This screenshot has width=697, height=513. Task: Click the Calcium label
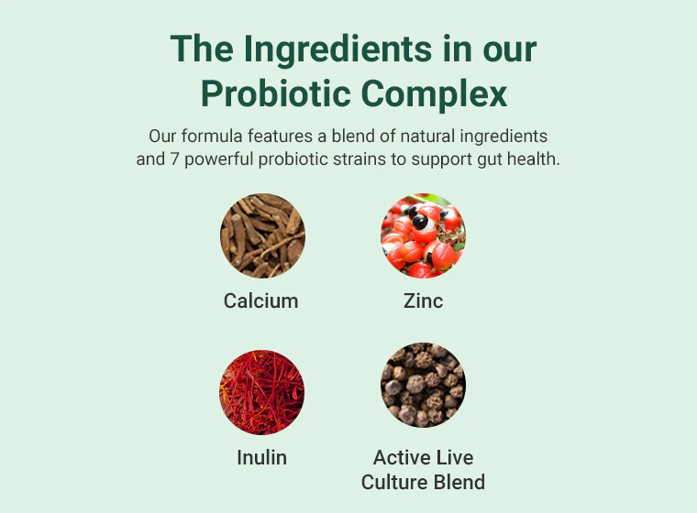pyautogui.click(x=261, y=300)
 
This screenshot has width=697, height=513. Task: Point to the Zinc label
pyautogui.click(x=423, y=300)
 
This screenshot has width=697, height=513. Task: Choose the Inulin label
pyautogui.click(x=261, y=457)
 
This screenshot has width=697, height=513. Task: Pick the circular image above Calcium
pyautogui.click(x=262, y=235)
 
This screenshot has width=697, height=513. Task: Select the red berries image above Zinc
pyautogui.click(x=423, y=235)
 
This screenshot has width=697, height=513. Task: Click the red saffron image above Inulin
pyautogui.click(x=262, y=392)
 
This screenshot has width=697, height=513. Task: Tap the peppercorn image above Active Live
pyautogui.click(x=423, y=385)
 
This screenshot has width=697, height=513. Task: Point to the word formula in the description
pyautogui.click(x=213, y=136)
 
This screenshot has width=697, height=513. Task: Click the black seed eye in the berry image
pyautogui.click(x=419, y=221)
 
